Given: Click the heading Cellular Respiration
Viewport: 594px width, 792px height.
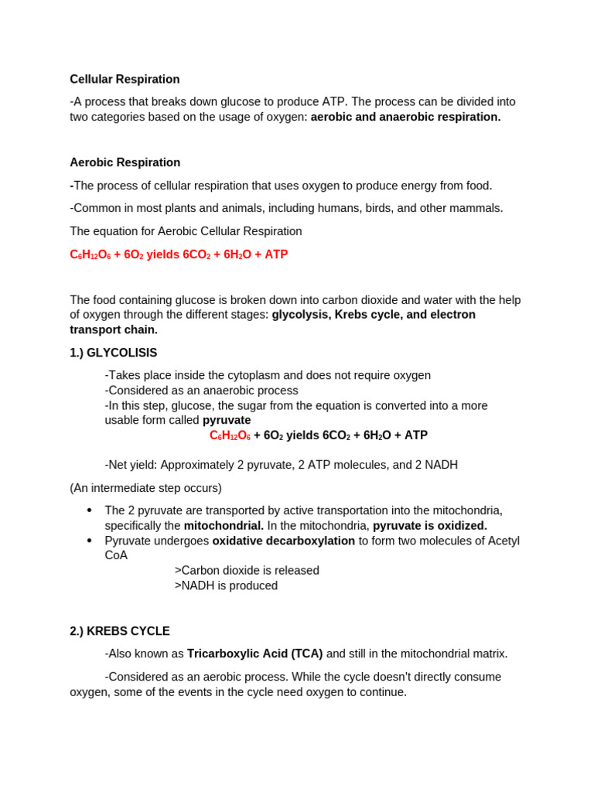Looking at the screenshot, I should pos(125,80).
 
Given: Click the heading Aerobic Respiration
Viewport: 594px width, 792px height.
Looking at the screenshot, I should pos(125,162).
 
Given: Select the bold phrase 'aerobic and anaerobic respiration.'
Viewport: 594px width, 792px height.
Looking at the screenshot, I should pos(405,117).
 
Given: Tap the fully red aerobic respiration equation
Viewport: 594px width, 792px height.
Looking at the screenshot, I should pos(179,254).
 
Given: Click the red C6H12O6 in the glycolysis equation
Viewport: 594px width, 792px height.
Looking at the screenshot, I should pos(230,435).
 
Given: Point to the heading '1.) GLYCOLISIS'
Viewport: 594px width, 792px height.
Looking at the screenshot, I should pos(113,353).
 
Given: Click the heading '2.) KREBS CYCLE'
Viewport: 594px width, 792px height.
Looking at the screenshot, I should pos(120,631).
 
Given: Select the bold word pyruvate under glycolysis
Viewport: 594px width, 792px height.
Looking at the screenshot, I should pos(227,420).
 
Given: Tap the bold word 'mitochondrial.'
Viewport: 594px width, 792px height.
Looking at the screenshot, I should pos(224,526).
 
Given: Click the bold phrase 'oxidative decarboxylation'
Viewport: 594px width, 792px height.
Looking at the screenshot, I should pos(284,541).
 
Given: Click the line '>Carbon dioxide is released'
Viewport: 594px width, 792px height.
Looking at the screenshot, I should pos(247,571).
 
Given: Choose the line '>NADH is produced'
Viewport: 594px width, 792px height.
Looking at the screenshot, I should pos(226,585).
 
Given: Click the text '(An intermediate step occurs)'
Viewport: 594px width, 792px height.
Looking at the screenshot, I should pos(145,488).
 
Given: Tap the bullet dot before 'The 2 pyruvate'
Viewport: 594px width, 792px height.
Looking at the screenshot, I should pos(90,510).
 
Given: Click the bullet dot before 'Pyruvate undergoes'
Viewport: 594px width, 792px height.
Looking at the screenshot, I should pos(90,541).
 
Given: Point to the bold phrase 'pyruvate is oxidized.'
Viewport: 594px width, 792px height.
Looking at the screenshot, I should pos(430,526).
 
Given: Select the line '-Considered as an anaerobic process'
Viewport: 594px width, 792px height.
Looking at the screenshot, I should pos(201,391).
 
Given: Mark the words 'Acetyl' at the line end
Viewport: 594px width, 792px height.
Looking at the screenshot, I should pos(504,541).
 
